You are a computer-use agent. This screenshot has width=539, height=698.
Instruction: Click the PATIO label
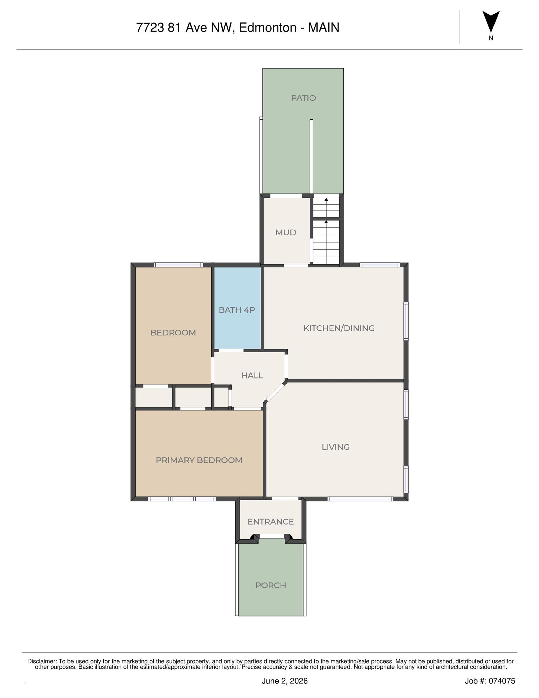tap(303, 98)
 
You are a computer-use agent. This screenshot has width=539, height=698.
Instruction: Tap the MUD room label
tap(286, 232)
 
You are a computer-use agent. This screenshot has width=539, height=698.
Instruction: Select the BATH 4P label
tap(237, 310)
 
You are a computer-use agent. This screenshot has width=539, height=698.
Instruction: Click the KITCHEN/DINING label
tap(339, 328)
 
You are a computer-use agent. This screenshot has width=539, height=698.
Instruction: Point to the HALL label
tap(252, 375)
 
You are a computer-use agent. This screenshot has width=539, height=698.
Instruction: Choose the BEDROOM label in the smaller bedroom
tap(173, 333)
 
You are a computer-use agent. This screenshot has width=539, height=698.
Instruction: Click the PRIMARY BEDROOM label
tap(199, 460)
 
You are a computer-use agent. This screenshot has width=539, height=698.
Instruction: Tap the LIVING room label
tap(336, 447)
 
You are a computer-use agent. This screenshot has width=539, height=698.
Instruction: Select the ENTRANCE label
tap(271, 522)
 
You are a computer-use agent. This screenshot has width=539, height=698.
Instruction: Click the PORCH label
tap(271, 585)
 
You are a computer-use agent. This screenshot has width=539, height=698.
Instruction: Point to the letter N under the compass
tap(491, 38)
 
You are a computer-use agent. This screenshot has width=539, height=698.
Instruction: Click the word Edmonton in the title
tap(268, 28)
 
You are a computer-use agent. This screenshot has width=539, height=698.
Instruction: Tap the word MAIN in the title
tap(323, 28)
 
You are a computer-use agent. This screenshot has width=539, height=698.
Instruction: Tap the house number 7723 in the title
tap(150, 28)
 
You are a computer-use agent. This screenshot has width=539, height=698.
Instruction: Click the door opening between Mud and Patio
tap(286, 196)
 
